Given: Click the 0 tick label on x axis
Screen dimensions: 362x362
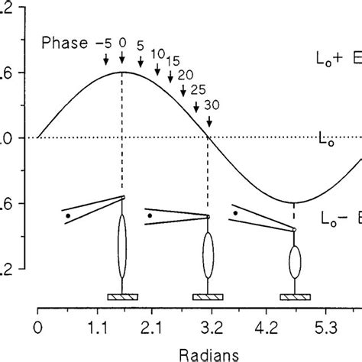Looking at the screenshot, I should [x=37, y=330].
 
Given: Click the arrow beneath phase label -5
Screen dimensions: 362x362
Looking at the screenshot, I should [x=106, y=69].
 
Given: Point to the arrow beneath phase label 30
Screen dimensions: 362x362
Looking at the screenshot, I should [x=207, y=123].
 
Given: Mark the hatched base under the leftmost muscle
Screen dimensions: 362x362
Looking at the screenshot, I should [x=121, y=296].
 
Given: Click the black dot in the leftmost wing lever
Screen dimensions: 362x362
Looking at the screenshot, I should [x=68, y=216].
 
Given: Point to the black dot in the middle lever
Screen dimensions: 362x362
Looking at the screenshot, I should [x=150, y=215].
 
